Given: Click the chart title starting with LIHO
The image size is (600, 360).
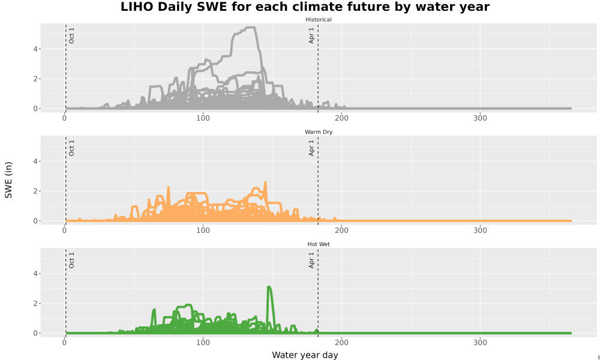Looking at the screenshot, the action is coord(305,7).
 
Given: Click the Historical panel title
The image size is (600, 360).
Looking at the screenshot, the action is coord(319,20).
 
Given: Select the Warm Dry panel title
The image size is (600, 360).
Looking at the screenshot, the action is coord(319,132).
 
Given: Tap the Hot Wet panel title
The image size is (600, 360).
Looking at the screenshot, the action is coord(319,244).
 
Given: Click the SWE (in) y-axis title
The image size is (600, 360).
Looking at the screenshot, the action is coord(8,180).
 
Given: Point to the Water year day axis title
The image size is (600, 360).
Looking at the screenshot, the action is coord(305,355).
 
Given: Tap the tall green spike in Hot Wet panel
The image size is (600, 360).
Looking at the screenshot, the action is coord(269,287).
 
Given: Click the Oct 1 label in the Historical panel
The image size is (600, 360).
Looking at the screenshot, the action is coord(71,35).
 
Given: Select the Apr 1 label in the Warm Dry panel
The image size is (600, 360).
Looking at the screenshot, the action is coord(311,148).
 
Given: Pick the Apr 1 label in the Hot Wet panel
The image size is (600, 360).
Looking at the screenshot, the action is coord(311,260).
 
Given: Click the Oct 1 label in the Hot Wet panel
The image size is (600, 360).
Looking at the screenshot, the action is coord(71,260).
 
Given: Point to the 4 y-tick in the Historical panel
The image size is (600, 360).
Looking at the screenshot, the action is coord(35,49).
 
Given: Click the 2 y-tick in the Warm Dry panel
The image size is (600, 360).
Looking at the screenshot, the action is coord(35,191).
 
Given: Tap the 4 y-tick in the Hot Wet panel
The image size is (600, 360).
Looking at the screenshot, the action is coord(35,274).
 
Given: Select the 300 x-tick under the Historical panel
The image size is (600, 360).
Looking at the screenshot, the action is coord(480,118).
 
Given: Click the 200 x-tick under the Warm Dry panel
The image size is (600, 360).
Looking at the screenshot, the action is coord(342,230).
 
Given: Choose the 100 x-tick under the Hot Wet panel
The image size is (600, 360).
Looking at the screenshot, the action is coord(203,343).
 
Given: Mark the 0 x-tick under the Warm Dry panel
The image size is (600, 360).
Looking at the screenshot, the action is coord(64,230).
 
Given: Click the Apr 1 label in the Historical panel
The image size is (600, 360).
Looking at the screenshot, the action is coord(311,35).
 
